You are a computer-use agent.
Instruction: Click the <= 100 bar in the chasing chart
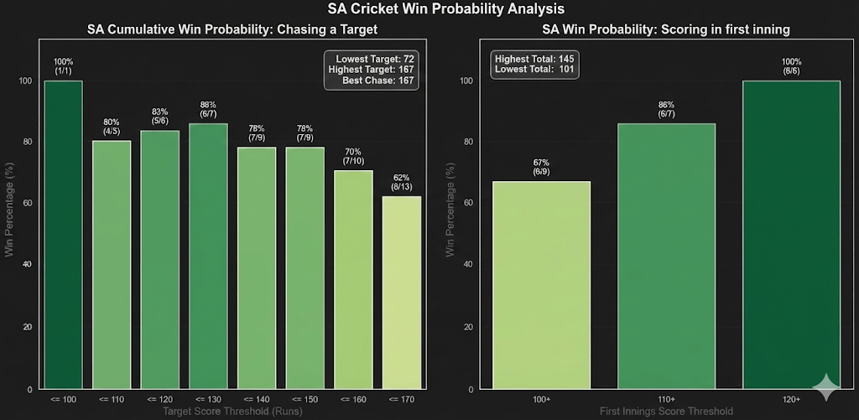pyautogui.click(x=63, y=235)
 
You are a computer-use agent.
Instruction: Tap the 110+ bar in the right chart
pyautogui.click(x=667, y=257)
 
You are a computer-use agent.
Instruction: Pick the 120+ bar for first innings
pyautogui.click(x=791, y=235)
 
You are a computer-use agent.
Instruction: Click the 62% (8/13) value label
pyautogui.click(x=402, y=183)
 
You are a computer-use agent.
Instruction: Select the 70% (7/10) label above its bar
pyautogui.click(x=353, y=155)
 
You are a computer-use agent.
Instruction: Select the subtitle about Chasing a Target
pyautogui.click(x=232, y=30)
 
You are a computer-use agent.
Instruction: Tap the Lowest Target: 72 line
pyautogui.click(x=375, y=59)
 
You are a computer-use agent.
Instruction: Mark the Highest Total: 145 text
pyautogui.click(x=534, y=59)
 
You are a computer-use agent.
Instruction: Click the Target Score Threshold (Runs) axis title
pyautogui.click(x=232, y=412)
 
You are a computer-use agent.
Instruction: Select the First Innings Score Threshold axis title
pyautogui.click(x=667, y=412)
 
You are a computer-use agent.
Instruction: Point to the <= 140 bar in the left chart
pyautogui.click(x=257, y=268)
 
